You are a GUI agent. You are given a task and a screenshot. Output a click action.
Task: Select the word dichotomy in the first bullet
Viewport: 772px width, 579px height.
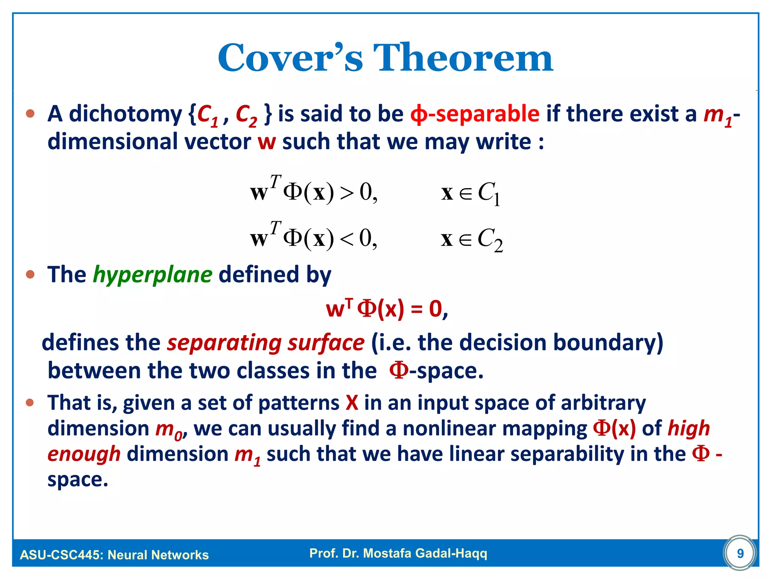click(126, 113)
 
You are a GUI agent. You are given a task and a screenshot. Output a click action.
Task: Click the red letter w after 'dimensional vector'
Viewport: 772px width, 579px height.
click(267, 142)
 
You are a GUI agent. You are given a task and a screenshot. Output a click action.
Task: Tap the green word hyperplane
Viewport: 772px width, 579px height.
click(152, 275)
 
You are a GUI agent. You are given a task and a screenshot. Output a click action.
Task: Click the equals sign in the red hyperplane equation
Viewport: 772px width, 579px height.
click(416, 310)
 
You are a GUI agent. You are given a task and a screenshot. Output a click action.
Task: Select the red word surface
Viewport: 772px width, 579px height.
click(326, 343)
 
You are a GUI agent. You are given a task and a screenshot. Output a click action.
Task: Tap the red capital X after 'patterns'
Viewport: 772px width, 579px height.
click(352, 403)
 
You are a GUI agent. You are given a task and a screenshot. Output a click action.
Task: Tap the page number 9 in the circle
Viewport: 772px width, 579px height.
click(740, 553)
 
